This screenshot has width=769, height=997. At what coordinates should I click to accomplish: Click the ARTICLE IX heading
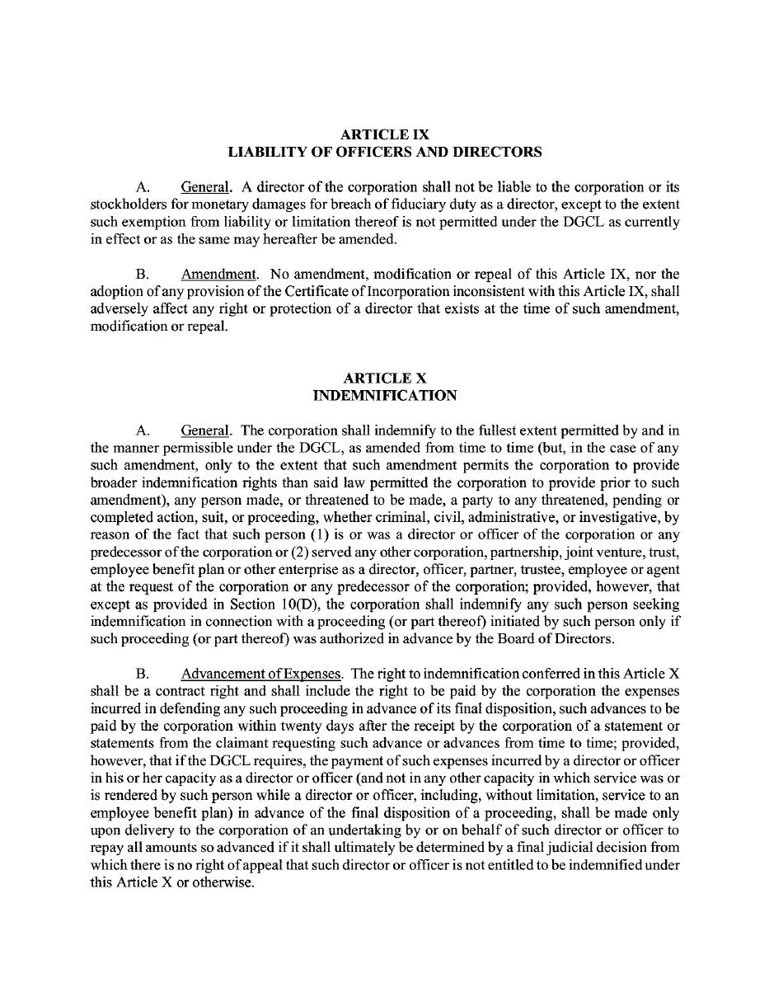tap(385, 134)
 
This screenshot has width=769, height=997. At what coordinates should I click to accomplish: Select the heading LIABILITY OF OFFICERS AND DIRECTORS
tap(385, 152)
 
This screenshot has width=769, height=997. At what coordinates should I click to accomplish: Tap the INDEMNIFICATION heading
tap(385, 396)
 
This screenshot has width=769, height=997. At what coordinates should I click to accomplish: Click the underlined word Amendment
tap(219, 274)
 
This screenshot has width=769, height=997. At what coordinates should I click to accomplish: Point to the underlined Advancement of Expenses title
tap(261, 674)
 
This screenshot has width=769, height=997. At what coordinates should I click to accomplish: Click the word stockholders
tap(128, 205)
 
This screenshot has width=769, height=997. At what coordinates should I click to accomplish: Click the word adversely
tap(118, 309)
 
